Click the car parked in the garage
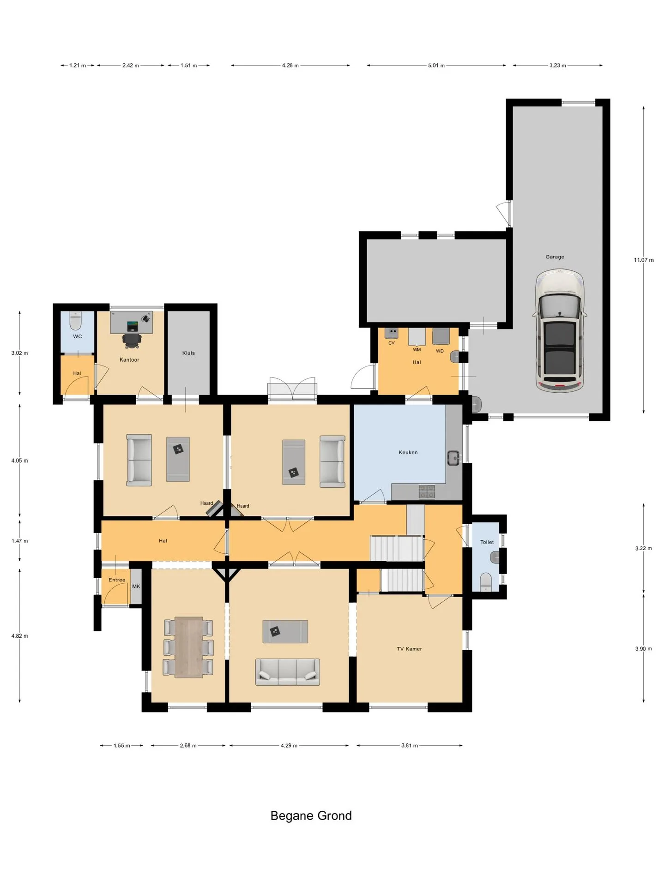560,330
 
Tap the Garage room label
555,257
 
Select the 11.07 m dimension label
644,260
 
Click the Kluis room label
188,353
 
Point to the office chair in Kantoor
132,340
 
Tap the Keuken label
408,453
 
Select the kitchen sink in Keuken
454,458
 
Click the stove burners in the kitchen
427,491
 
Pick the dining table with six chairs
188,647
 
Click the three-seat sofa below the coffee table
288,671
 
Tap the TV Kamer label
409,649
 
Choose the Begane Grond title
311,816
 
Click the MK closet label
136,587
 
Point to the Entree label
117,580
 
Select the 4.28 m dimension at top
290,66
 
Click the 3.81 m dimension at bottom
410,745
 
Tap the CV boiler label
392,343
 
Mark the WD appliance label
440,351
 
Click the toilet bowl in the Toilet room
486,581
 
